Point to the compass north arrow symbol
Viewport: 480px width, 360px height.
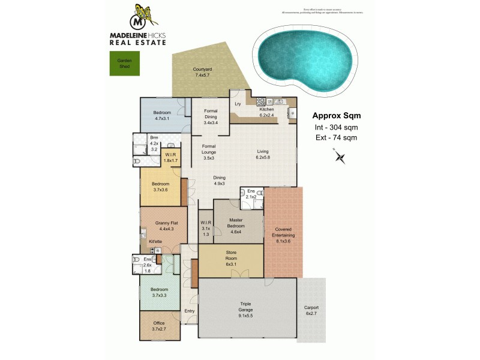point(340,157)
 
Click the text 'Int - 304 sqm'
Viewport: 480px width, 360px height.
point(336,127)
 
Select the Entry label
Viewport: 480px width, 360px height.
point(190,310)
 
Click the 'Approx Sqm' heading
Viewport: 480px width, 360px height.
point(337,116)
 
